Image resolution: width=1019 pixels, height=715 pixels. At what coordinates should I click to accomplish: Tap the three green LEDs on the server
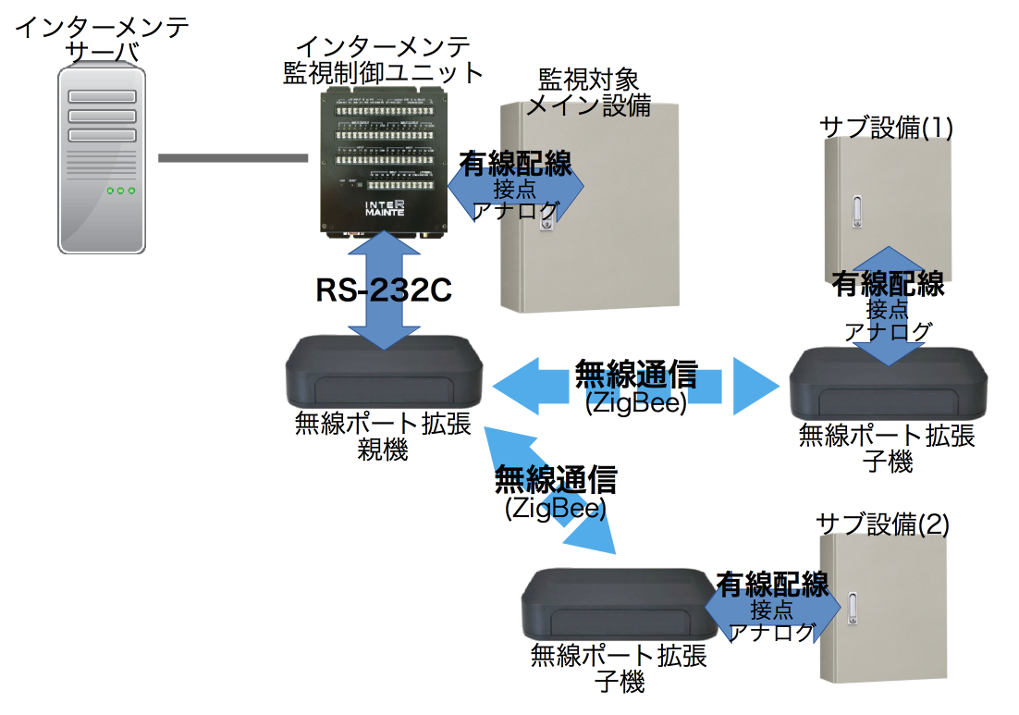click(121, 191)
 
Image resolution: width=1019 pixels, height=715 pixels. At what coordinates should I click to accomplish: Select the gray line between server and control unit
click(232, 158)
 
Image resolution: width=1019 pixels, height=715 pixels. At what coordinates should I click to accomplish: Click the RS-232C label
click(383, 290)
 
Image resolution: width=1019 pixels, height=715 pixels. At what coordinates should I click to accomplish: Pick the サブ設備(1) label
click(886, 127)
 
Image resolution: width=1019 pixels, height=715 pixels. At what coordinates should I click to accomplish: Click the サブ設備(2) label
click(882, 524)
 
